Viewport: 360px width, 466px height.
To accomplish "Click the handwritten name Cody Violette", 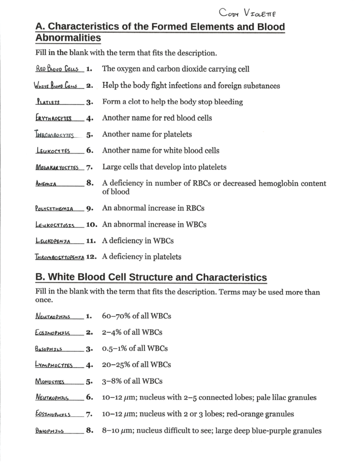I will pyautogui.click(x=247, y=13).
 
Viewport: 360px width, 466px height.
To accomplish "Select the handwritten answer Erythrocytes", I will pyautogui.click(x=53, y=118).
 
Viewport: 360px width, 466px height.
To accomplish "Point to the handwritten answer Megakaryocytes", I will pyautogui.click(x=57, y=167).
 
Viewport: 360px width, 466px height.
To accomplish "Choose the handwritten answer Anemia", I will pyautogui.click(x=46, y=183).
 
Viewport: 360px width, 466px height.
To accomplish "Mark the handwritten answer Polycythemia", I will pyautogui.click(x=54, y=209).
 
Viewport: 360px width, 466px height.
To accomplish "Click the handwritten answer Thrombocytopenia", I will pyautogui.click(x=59, y=257).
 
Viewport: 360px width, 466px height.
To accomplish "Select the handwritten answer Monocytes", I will pyautogui.click(x=50, y=381).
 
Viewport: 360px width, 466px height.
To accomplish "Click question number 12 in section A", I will pyautogui.click(x=91, y=257).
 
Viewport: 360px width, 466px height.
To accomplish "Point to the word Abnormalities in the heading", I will pyautogui.click(x=68, y=38).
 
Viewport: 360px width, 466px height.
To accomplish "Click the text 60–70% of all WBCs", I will pyautogui.click(x=136, y=316).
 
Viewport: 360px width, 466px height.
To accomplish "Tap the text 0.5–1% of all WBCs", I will pyautogui.click(x=135, y=348).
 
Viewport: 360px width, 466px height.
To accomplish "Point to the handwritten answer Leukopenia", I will pyautogui.click(x=53, y=241).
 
